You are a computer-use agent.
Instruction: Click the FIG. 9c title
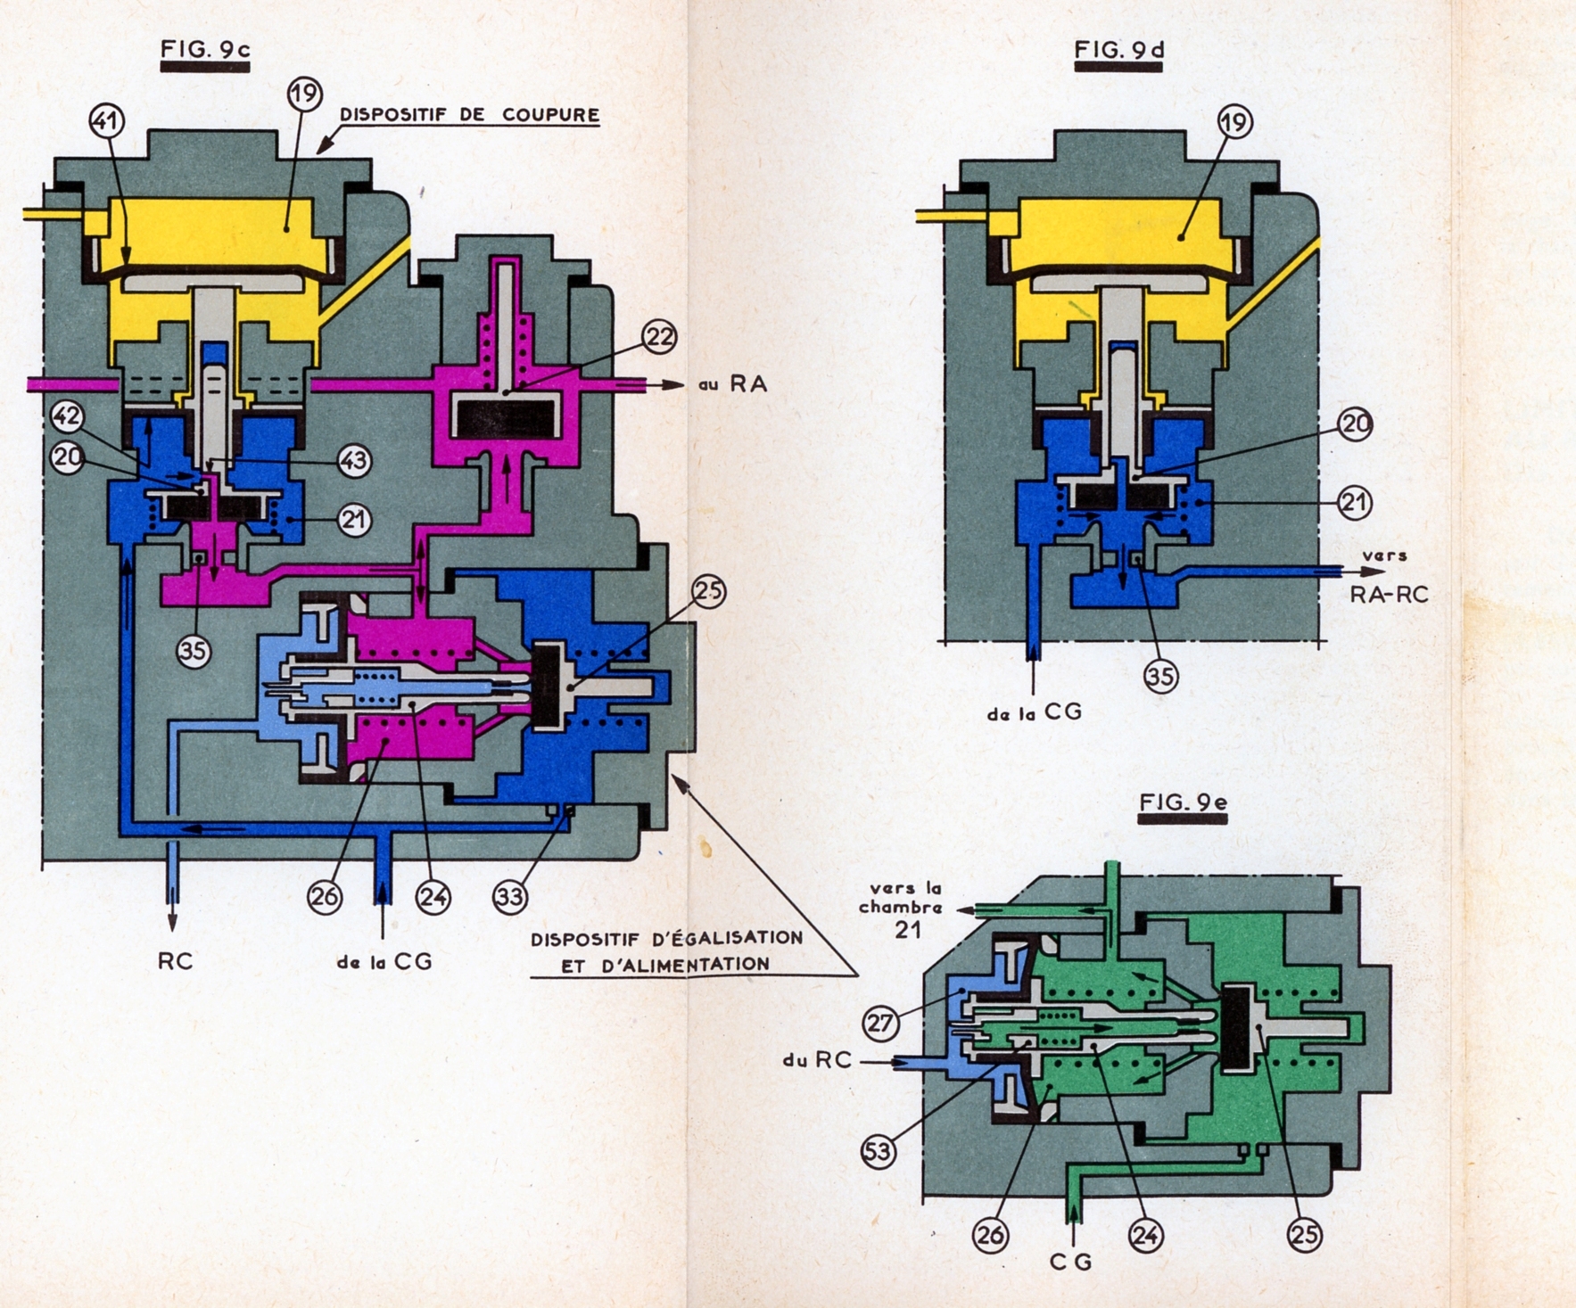click(x=205, y=50)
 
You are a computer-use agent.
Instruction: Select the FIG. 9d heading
click(x=1119, y=50)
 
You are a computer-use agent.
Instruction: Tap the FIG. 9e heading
click(x=1184, y=802)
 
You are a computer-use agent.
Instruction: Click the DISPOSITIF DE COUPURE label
click(x=469, y=115)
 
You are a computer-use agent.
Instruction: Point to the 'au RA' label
click(x=733, y=384)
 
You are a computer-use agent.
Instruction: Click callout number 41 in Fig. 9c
click(x=107, y=121)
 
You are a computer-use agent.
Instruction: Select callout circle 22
click(x=660, y=337)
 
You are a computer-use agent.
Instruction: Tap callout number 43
click(x=354, y=460)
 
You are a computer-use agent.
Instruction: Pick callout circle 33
click(x=510, y=897)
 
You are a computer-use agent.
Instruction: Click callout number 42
click(x=68, y=415)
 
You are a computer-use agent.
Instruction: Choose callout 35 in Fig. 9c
click(x=194, y=652)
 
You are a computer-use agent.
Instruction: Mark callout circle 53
click(x=879, y=1152)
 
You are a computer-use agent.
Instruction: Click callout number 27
click(x=881, y=1023)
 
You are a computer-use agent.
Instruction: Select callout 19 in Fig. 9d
click(x=1235, y=122)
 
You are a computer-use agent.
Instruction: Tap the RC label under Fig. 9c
click(x=175, y=961)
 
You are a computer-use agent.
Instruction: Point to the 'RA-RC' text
click(x=1389, y=595)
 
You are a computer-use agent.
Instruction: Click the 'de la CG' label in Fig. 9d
click(x=1035, y=712)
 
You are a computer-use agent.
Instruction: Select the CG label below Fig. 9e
click(x=1071, y=1262)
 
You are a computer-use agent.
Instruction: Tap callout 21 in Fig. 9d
click(x=1355, y=502)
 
